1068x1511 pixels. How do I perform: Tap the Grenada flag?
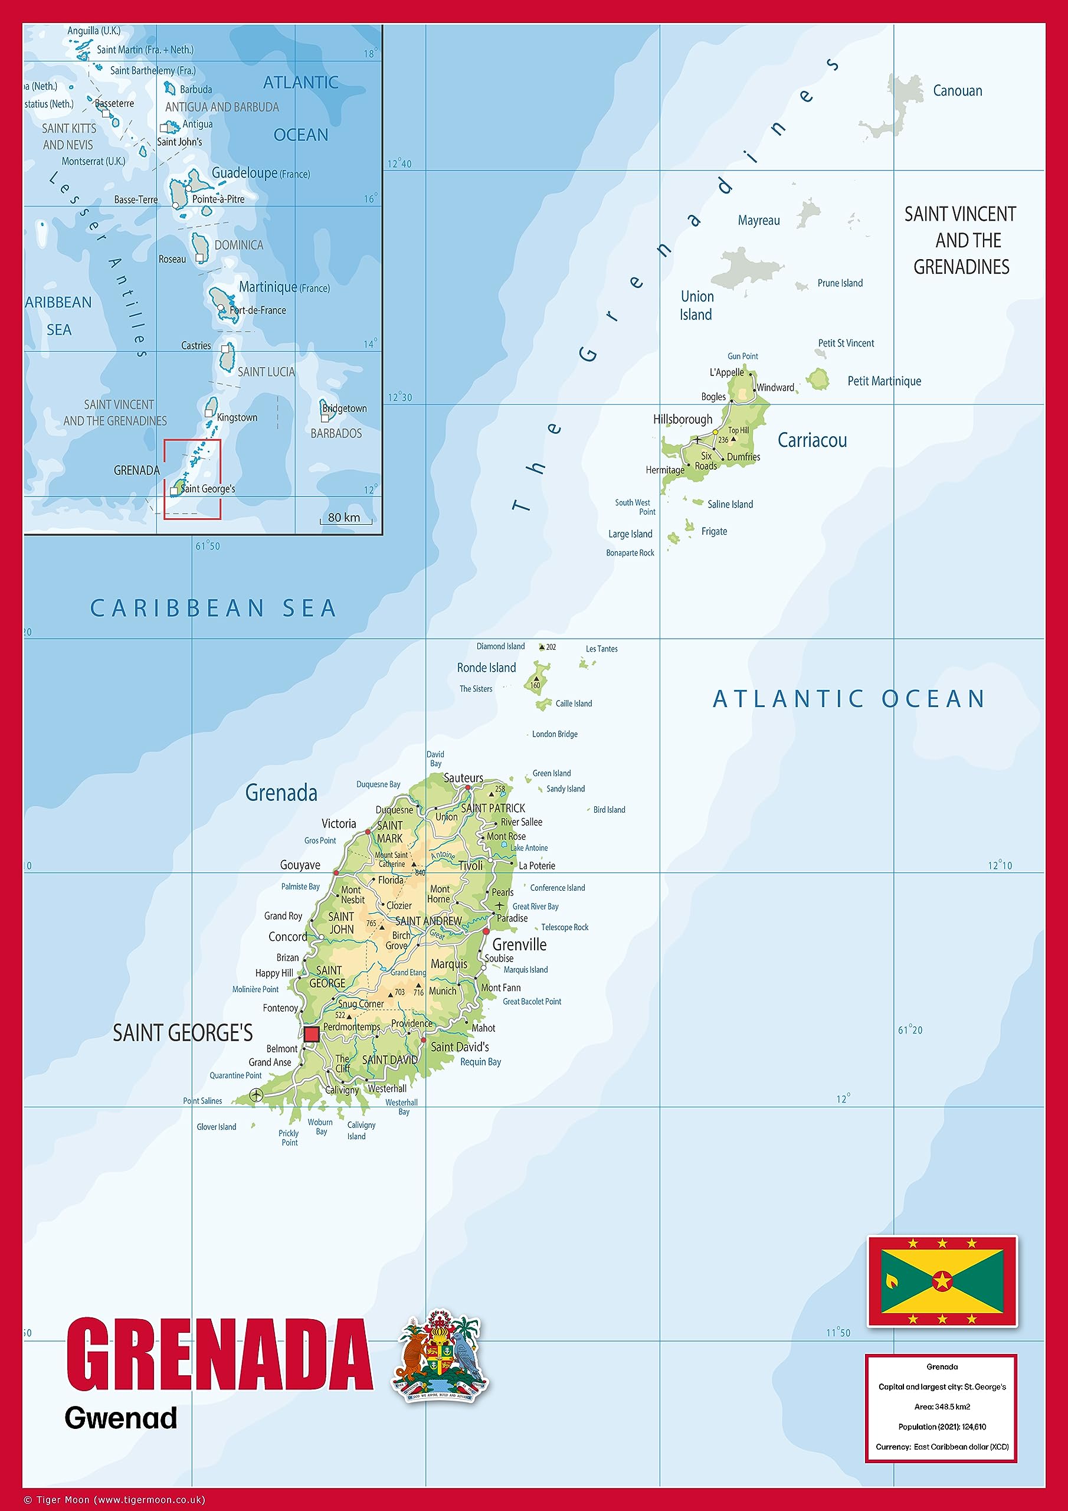point(942,1281)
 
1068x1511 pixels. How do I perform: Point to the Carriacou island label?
point(812,440)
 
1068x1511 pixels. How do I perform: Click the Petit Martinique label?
point(884,381)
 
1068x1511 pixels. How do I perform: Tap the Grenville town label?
point(519,944)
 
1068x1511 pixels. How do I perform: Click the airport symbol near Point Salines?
point(256,1095)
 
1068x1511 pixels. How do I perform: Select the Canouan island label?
point(957,91)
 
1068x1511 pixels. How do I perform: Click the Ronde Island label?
point(486,668)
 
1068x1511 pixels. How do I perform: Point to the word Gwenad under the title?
point(121,1418)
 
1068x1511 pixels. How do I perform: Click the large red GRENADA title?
point(220,1355)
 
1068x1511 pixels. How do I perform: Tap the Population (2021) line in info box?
point(942,1427)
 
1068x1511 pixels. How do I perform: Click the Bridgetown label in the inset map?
point(344,408)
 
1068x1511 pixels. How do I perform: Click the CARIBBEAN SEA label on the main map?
point(213,608)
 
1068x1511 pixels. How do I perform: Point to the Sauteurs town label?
point(463,778)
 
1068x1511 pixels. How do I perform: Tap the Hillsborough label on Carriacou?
point(682,419)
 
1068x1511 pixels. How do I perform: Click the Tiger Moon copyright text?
point(114,1500)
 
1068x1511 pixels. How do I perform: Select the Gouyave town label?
point(300,865)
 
